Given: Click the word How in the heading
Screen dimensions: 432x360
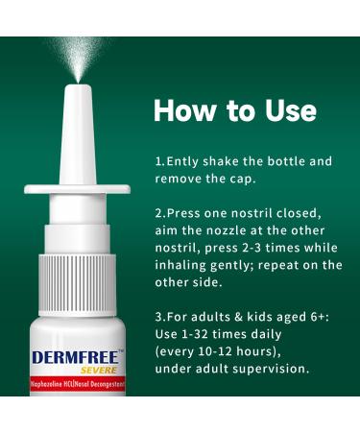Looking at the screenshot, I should coord(183,110).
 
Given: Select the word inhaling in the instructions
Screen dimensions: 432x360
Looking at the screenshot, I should coord(185,264).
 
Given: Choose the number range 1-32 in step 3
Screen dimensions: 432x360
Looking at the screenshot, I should coord(198,333).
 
